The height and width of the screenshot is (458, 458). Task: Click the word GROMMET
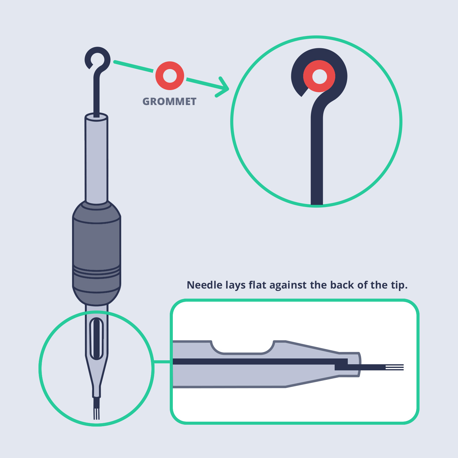[x=169, y=102]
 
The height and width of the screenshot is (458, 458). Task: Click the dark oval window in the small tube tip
[x=96, y=338]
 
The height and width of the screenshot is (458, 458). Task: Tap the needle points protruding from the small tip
[x=96, y=412]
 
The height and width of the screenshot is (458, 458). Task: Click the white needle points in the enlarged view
[x=394, y=367]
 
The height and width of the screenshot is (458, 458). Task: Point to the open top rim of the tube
[x=96, y=117]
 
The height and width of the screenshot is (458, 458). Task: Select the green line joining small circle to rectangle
[x=162, y=362]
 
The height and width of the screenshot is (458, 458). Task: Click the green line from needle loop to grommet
[x=133, y=67]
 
